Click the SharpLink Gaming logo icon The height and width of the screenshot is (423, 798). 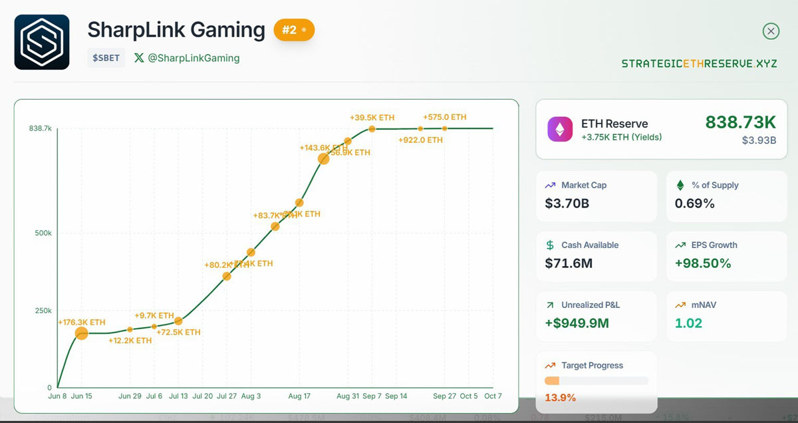42,42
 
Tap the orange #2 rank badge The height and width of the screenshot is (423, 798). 294,30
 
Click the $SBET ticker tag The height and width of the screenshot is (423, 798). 106,58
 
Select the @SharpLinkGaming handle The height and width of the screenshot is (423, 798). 194,58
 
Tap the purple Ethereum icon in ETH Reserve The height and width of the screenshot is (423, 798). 560,129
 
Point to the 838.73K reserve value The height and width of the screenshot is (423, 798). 740,122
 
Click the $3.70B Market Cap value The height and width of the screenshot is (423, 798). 567,203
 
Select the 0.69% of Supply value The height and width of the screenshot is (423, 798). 695,203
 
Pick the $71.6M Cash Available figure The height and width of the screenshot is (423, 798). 569,263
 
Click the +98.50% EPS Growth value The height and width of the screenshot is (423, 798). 703,263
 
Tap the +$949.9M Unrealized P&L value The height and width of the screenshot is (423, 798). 577,324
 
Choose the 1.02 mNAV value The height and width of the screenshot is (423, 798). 688,324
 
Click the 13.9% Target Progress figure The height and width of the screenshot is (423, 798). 560,398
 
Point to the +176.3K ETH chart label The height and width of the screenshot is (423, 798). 82,323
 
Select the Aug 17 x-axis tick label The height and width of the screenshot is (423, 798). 299,396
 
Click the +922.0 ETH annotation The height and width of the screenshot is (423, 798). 420,140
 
